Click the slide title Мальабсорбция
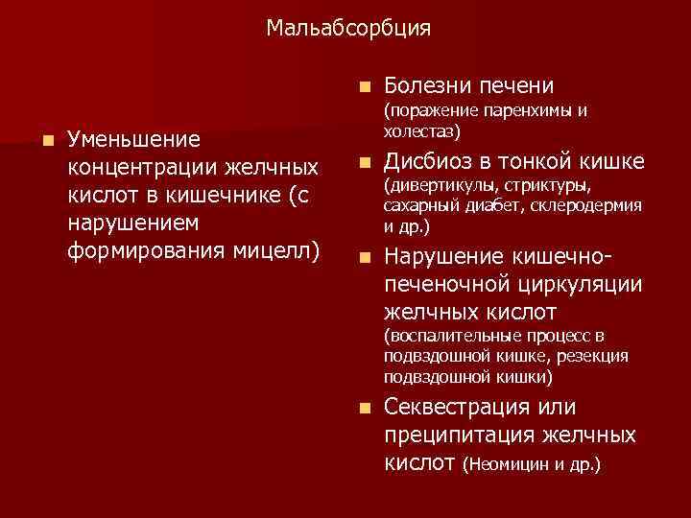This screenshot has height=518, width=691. tap(348, 29)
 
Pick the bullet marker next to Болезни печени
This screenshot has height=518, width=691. tap(360, 84)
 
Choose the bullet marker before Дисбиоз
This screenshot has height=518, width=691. tap(360, 160)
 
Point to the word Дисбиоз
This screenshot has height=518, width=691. tap(426, 160)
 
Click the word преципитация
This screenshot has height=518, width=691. tap(441, 436)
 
